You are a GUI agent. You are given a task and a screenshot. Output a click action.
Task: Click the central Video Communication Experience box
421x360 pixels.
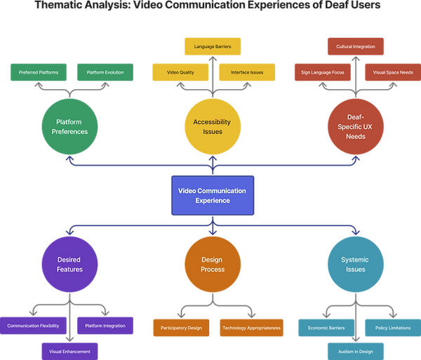[x=213, y=195]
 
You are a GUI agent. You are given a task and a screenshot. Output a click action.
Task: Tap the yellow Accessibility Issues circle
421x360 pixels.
[x=213, y=127]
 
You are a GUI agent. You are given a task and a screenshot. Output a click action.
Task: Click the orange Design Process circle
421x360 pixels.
[x=213, y=264]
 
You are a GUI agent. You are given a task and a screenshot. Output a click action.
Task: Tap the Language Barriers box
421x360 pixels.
[x=213, y=48]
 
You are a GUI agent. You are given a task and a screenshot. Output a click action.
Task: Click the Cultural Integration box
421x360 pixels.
[x=356, y=48]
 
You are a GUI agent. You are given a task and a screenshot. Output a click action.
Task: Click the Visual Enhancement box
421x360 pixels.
[x=69, y=350]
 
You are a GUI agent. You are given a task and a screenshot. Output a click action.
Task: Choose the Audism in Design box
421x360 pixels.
[x=356, y=350]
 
